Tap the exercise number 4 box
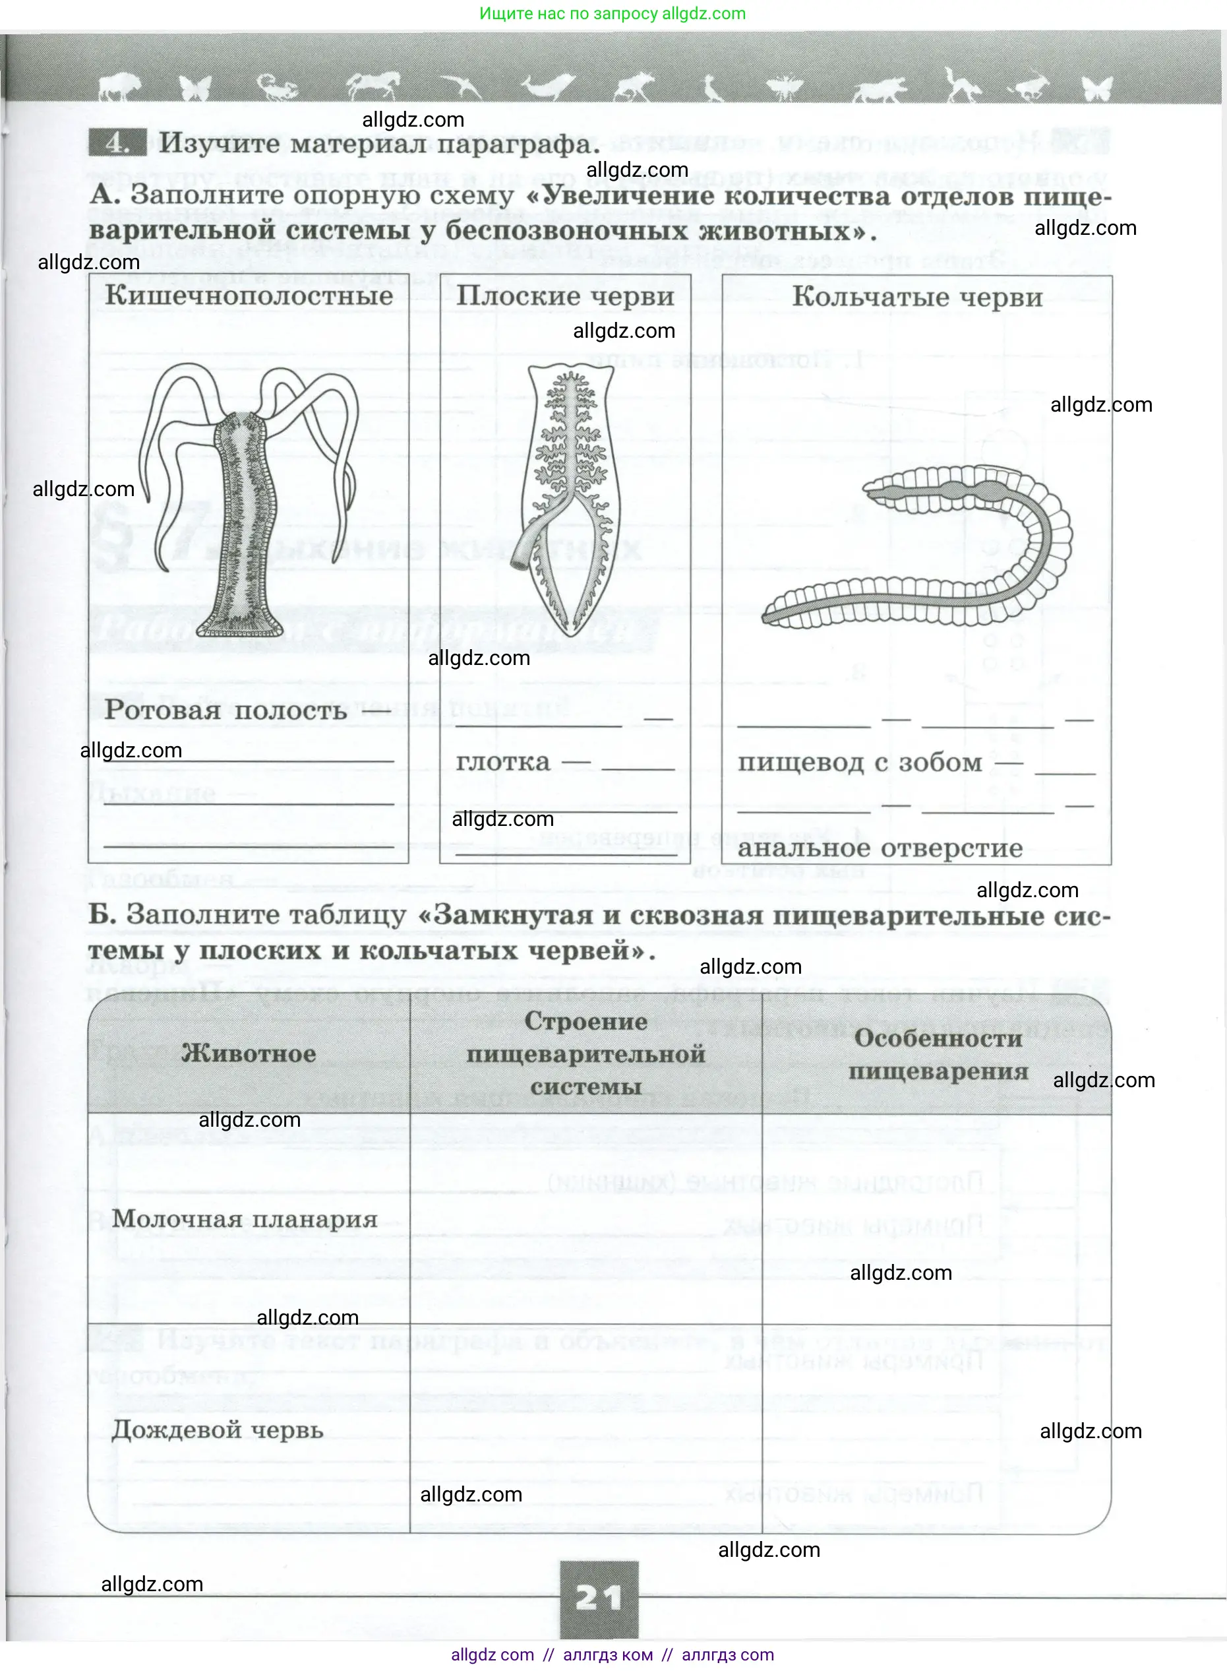point(116,142)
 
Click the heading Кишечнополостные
point(249,296)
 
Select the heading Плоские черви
point(565,296)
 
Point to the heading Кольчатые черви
point(917,298)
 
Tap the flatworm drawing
point(568,498)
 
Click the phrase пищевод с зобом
point(859,763)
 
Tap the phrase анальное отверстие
point(880,848)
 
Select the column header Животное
point(249,1053)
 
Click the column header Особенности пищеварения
point(938,1054)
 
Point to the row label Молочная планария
point(245,1218)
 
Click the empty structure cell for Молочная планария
point(586,1218)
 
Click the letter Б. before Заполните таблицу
point(102,914)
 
